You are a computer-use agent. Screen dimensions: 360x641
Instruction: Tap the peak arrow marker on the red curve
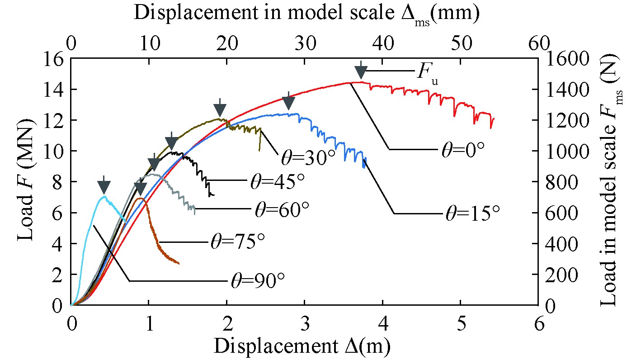pyautogui.click(x=360, y=71)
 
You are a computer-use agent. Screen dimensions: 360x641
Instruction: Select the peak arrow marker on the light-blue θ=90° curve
pyautogui.click(x=104, y=185)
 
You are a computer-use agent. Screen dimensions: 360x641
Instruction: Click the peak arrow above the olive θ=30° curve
pyautogui.click(x=220, y=109)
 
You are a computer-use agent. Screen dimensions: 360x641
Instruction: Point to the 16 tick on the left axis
pyautogui.click(x=55, y=58)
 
